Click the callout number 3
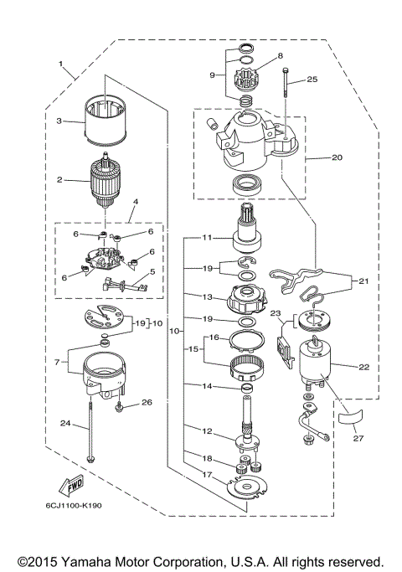(x=59, y=121)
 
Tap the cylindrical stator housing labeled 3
(x=106, y=123)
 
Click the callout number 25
(x=312, y=80)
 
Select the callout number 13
(x=206, y=296)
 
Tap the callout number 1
(x=60, y=64)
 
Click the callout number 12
(x=206, y=430)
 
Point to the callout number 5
(x=152, y=271)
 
